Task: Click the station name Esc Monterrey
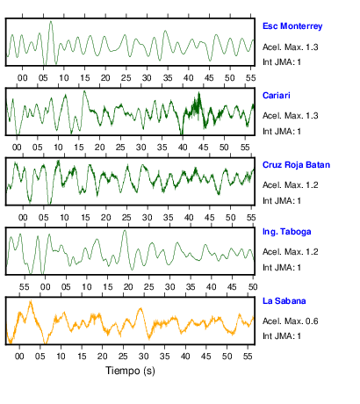pyautogui.click(x=292, y=26)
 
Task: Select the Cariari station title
pyautogui.click(x=277, y=96)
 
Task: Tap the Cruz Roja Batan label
pyautogui.click(x=296, y=165)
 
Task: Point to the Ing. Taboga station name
pyautogui.click(x=287, y=232)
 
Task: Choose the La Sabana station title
pyautogui.click(x=284, y=301)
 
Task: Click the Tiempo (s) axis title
pyautogui.click(x=130, y=371)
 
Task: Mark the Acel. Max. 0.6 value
pyautogui.click(x=291, y=321)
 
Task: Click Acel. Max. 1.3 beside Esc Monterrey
pyautogui.click(x=291, y=47)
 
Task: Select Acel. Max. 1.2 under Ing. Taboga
pyautogui.click(x=291, y=252)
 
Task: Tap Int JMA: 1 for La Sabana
pyautogui.click(x=282, y=335)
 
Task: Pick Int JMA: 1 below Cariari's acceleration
pyautogui.click(x=282, y=132)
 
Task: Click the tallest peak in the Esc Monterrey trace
pyautogui.click(x=51, y=21)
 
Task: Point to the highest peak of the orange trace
pyautogui.click(x=31, y=301)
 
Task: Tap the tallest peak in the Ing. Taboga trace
pyautogui.click(x=125, y=231)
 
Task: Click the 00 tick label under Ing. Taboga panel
pyautogui.click(x=45, y=287)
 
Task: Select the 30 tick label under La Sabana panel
pyautogui.click(x=144, y=357)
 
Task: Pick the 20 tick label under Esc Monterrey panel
pyautogui.click(x=105, y=78)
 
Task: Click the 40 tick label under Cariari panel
pyautogui.click(x=183, y=147)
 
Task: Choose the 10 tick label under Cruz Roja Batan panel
pyautogui.click(x=64, y=218)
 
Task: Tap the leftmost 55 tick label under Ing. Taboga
pyautogui.click(x=25, y=287)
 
